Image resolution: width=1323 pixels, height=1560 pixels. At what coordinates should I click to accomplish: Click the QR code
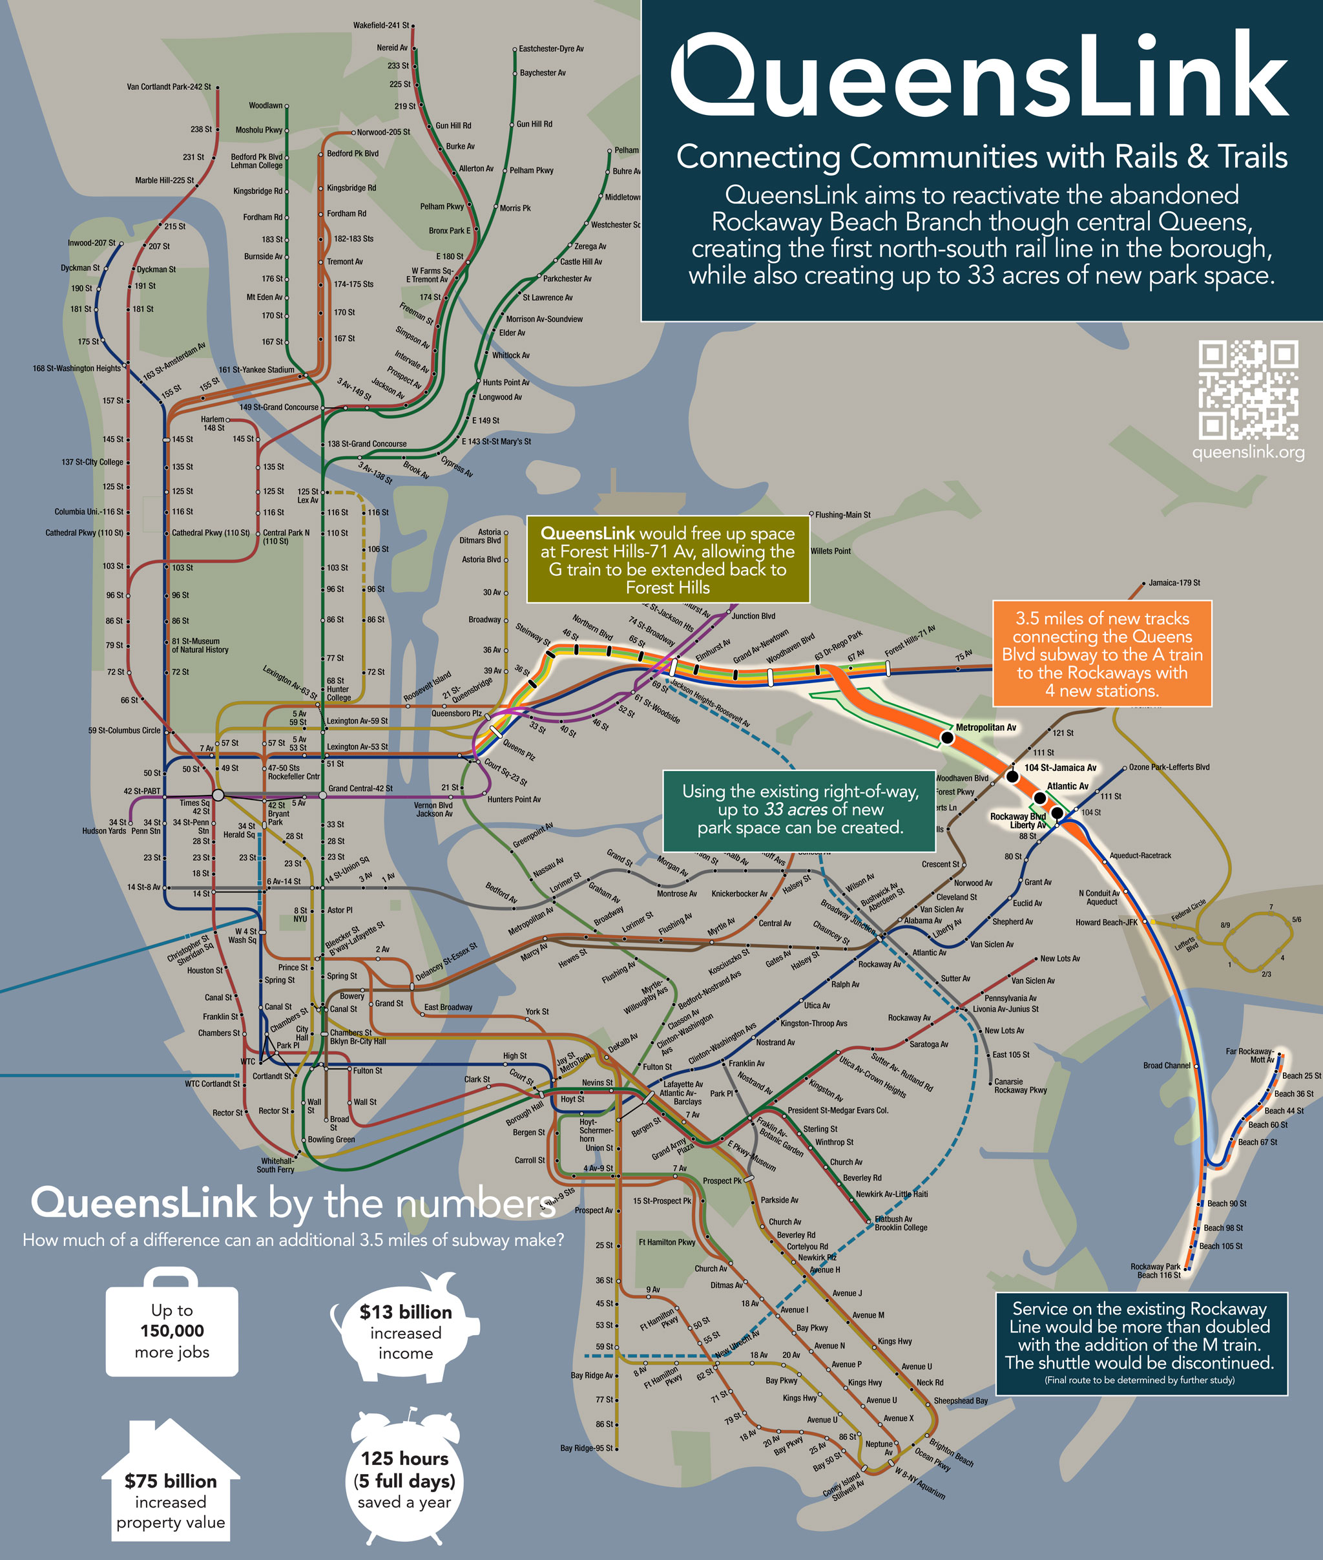pyautogui.click(x=1248, y=390)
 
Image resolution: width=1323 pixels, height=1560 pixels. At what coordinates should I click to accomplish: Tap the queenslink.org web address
pyautogui.click(x=1248, y=452)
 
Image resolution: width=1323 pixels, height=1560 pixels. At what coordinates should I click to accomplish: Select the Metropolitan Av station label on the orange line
pyautogui.click(x=986, y=727)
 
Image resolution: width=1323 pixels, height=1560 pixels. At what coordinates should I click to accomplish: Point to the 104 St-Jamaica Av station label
pyautogui.click(x=1059, y=768)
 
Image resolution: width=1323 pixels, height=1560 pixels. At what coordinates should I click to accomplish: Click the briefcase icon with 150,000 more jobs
pyautogui.click(x=172, y=1331)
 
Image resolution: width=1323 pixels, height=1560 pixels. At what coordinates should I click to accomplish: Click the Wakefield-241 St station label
pyautogui.click(x=381, y=25)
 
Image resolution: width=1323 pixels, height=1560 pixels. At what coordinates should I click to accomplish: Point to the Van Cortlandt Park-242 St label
pyautogui.click(x=169, y=87)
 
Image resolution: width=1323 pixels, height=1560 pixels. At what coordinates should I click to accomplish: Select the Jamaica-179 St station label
pyautogui.click(x=1174, y=582)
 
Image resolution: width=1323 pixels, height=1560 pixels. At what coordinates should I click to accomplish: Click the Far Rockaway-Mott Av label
pyautogui.click(x=1249, y=1055)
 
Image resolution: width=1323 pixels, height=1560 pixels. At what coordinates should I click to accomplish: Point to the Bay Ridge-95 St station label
pyautogui.click(x=586, y=1448)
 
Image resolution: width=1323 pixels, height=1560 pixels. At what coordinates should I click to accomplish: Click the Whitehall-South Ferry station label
pyautogui.click(x=276, y=1165)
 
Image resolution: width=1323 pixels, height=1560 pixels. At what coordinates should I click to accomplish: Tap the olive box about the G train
pyautogui.click(x=667, y=560)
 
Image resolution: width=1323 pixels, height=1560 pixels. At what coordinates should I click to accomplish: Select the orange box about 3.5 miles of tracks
pyautogui.click(x=1102, y=653)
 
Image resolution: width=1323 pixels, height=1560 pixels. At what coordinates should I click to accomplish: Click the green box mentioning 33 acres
pyautogui.click(x=800, y=809)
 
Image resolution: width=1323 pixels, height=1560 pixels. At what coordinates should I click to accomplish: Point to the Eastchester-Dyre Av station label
pyautogui.click(x=550, y=48)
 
